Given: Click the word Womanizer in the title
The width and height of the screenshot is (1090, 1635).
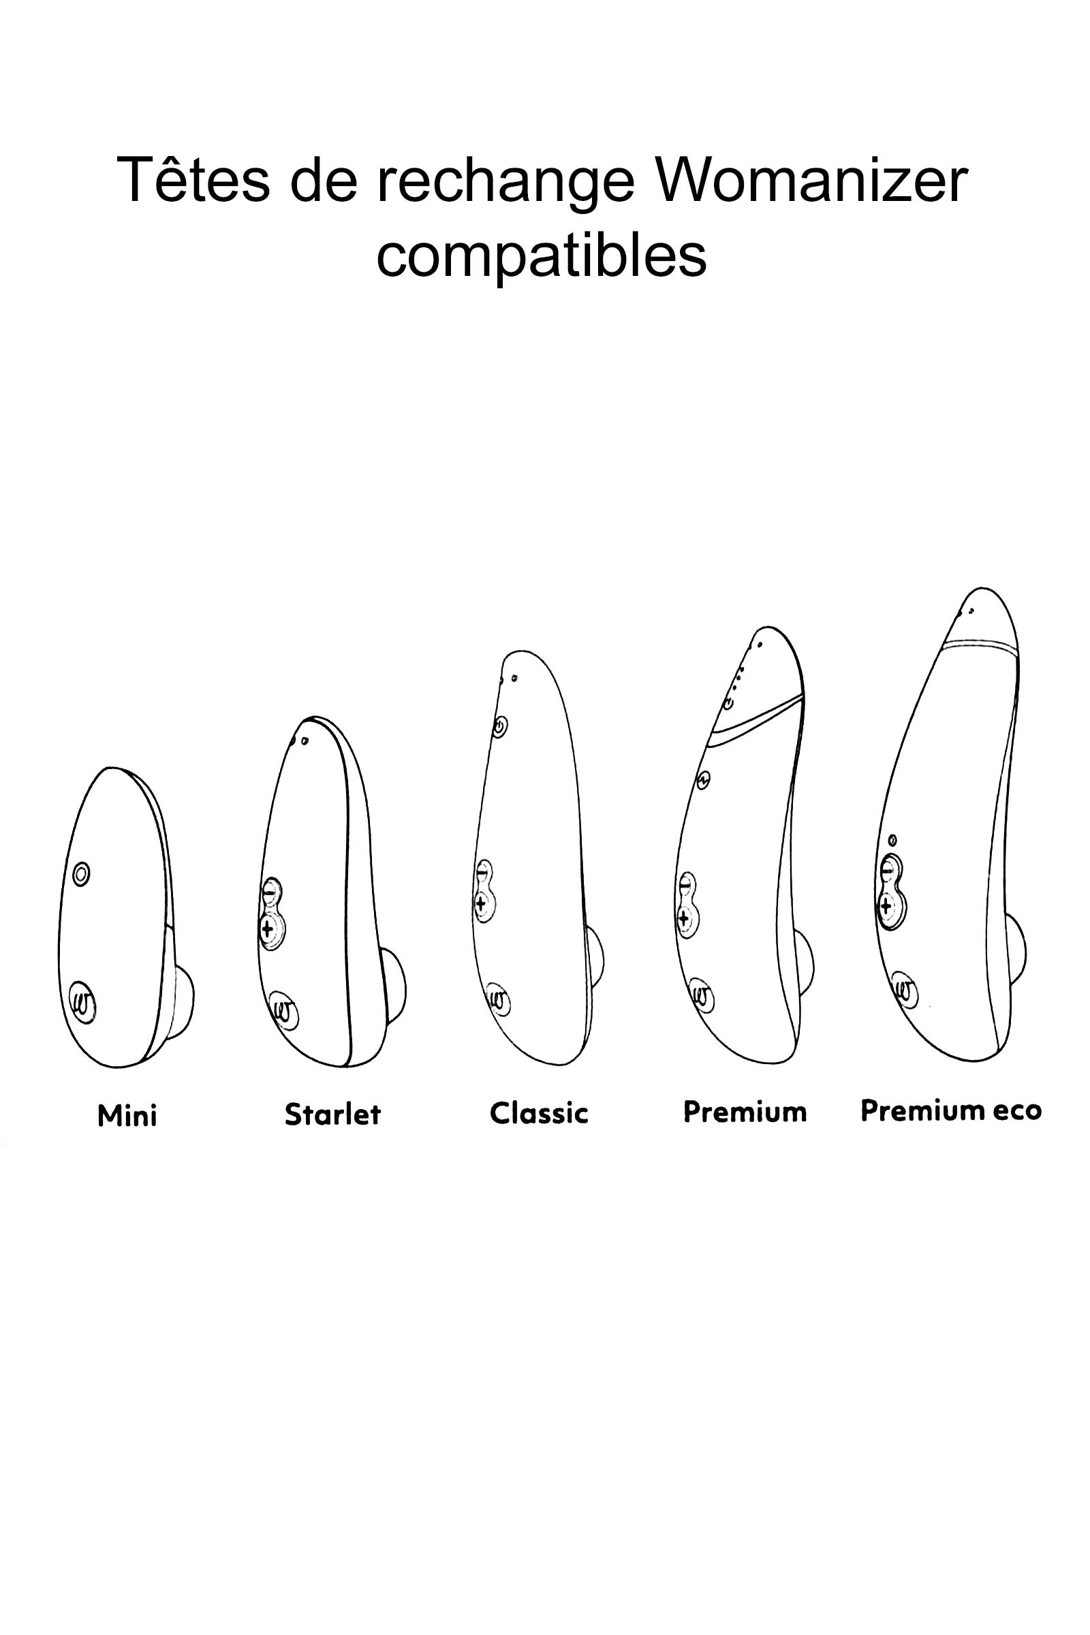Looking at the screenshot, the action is click(x=811, y=181).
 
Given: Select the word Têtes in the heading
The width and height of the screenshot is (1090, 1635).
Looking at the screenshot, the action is click(x=193, y=179).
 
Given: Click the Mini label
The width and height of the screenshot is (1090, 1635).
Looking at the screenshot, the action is click(x=127, y=1116).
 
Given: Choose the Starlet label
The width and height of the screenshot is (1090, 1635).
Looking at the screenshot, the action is click(x=333, y=1115).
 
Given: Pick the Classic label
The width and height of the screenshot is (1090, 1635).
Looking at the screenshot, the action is click(x=539, y=1113).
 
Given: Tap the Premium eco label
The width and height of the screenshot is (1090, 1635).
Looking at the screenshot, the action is click(x=951, y=1110).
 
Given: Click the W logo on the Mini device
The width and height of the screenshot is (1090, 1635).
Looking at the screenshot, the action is click(x=82, y=1003).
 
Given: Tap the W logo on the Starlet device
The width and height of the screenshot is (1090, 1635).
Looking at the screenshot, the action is click(x=283, y=1010).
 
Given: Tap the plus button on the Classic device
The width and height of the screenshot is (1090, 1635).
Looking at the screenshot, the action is click(x=482, y=905).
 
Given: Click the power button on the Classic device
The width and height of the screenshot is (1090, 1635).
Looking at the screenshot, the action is click(x=500, y=727).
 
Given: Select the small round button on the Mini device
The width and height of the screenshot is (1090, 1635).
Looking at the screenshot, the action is click(x=81, y=873).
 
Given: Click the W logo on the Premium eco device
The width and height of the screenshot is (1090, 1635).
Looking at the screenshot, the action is click(x=905, y=990).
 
